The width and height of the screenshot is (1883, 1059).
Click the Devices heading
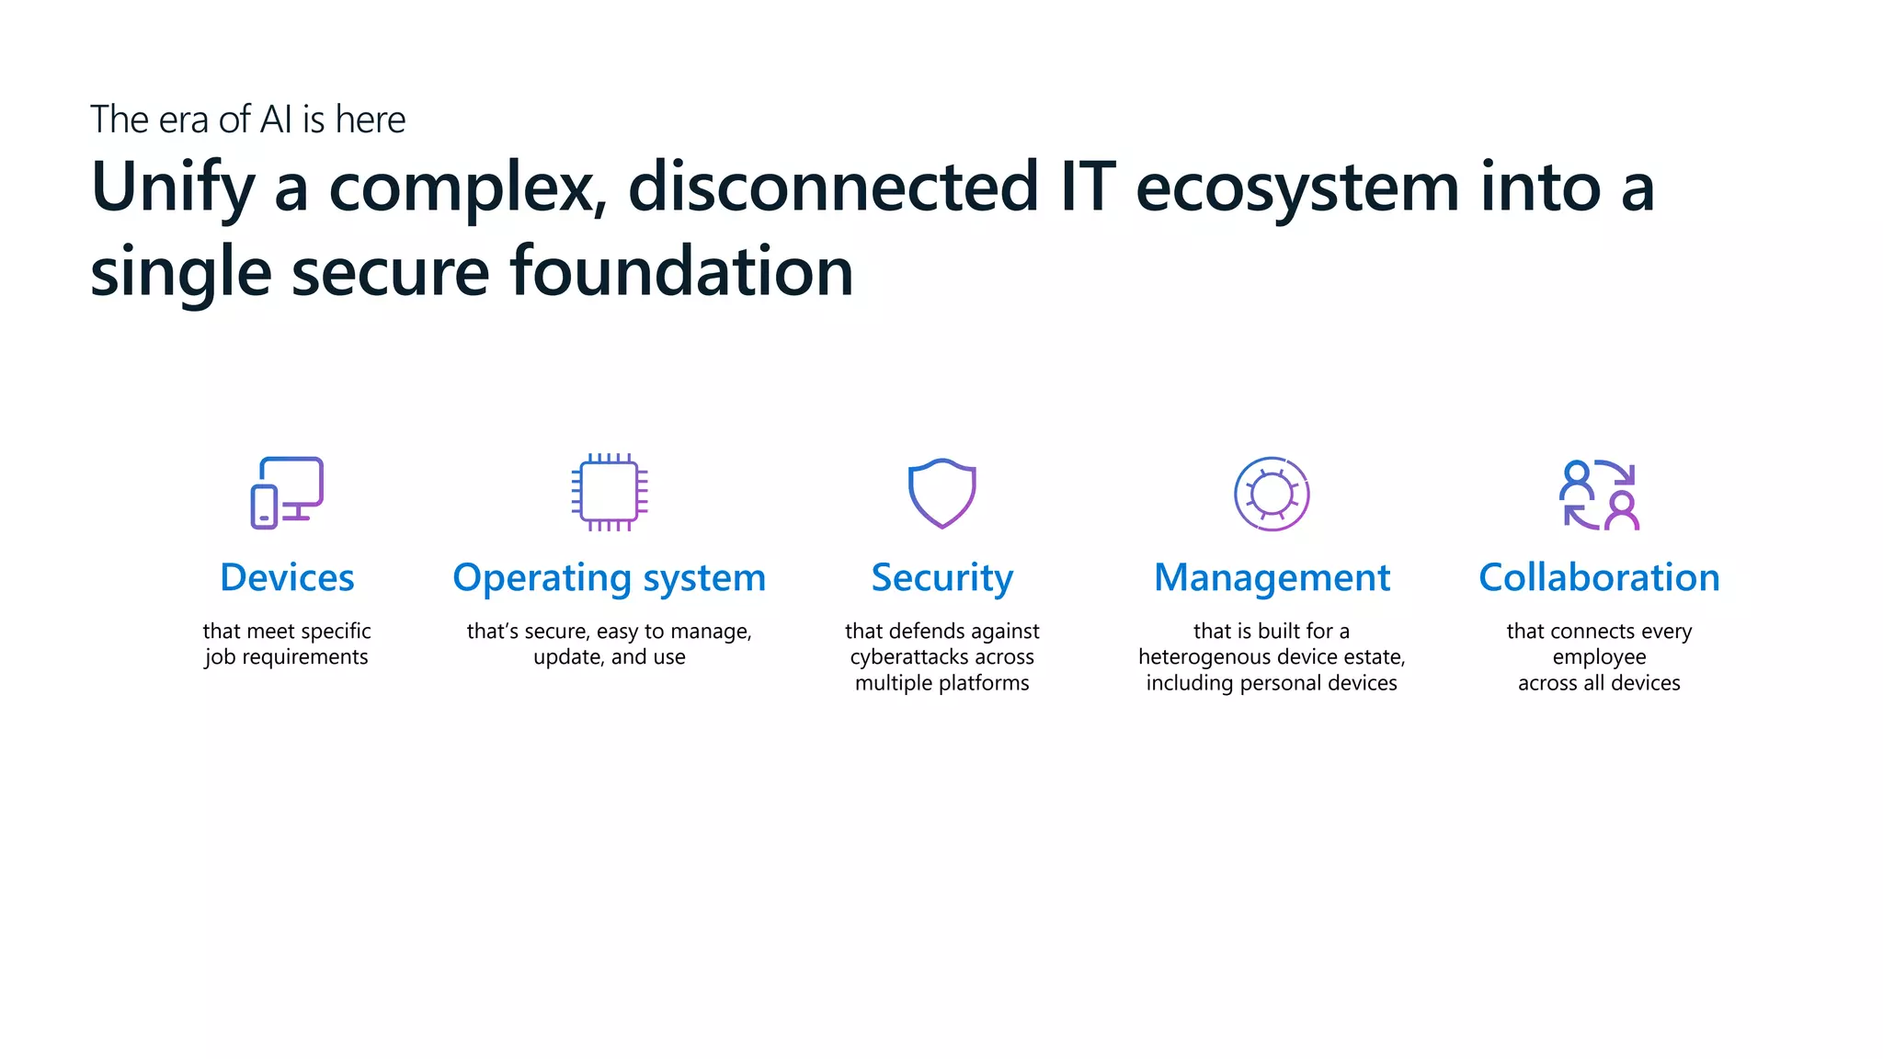287,577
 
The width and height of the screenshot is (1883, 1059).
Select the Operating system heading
609,578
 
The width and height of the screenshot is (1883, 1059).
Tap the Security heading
941,578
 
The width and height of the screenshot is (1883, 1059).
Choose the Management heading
1272,577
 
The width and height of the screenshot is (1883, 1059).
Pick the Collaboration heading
1599,577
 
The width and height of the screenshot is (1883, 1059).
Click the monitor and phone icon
287,493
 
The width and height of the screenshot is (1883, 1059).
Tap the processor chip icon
609,492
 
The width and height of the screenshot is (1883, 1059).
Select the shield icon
941,493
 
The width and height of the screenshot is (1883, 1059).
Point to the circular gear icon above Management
1272,494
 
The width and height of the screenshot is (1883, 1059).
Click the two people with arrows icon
1599,495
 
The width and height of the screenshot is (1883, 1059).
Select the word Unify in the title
172,188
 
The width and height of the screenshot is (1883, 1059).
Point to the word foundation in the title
681,272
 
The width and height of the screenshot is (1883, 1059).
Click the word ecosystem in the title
1296,188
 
